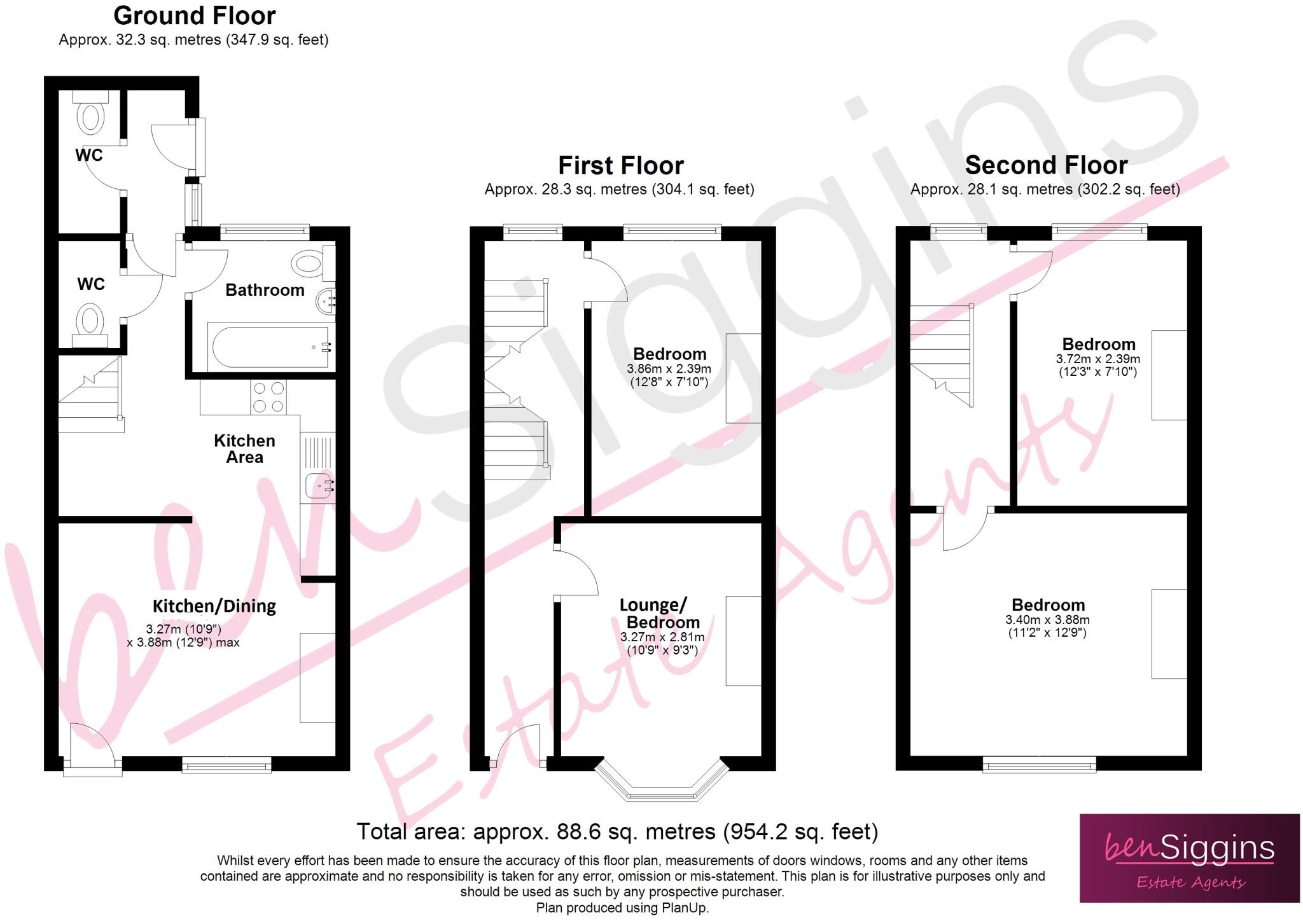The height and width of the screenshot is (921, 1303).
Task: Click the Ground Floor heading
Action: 194,15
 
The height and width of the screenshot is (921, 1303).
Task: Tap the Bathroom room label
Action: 265,290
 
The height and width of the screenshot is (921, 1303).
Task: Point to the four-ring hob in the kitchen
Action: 268,396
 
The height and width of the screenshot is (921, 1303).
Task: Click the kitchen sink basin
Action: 316,486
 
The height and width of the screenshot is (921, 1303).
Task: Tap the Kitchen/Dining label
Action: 214,606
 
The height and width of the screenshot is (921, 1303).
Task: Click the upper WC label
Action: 88,155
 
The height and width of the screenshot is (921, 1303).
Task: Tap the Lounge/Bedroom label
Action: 662,613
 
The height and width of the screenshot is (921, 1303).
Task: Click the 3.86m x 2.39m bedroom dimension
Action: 669,369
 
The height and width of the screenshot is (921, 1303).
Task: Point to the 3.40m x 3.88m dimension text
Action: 1047,620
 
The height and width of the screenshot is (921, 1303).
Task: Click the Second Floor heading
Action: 1046,165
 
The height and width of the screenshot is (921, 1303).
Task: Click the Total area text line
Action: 617,832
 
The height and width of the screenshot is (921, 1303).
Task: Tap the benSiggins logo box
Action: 1189,858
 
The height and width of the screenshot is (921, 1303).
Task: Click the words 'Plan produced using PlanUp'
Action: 622,908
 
